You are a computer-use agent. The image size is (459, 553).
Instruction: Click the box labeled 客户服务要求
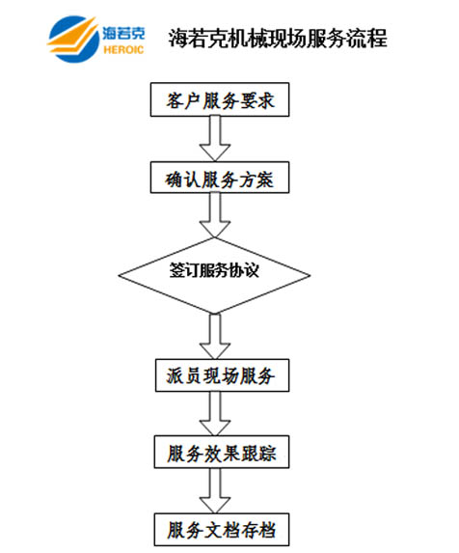coord(220,99)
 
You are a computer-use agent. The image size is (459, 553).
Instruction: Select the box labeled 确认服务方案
coord(220,178)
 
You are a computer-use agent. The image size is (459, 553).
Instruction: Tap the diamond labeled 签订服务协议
coord(214,275)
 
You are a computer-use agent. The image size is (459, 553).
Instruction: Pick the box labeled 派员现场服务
coord(223,375)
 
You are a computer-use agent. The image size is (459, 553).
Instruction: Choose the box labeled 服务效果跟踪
coord(222,452)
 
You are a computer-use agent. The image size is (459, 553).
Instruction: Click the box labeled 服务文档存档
coord(222,530)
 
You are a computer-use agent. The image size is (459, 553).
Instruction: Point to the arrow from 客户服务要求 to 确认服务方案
coord(215,139)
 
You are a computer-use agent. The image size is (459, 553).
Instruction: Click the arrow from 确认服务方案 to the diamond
coord(215,215)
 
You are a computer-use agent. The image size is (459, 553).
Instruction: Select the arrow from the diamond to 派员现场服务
coord(215,336)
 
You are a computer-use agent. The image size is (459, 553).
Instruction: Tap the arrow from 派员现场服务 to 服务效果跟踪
coord(215,413)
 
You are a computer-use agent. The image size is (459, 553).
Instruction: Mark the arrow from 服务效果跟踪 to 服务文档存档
coord(215,490)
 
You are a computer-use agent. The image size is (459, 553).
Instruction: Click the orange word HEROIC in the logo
coord(123,50)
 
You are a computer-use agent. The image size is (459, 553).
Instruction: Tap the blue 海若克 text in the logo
coord(123,34)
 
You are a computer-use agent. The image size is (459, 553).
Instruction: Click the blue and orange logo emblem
coord(73,39)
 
